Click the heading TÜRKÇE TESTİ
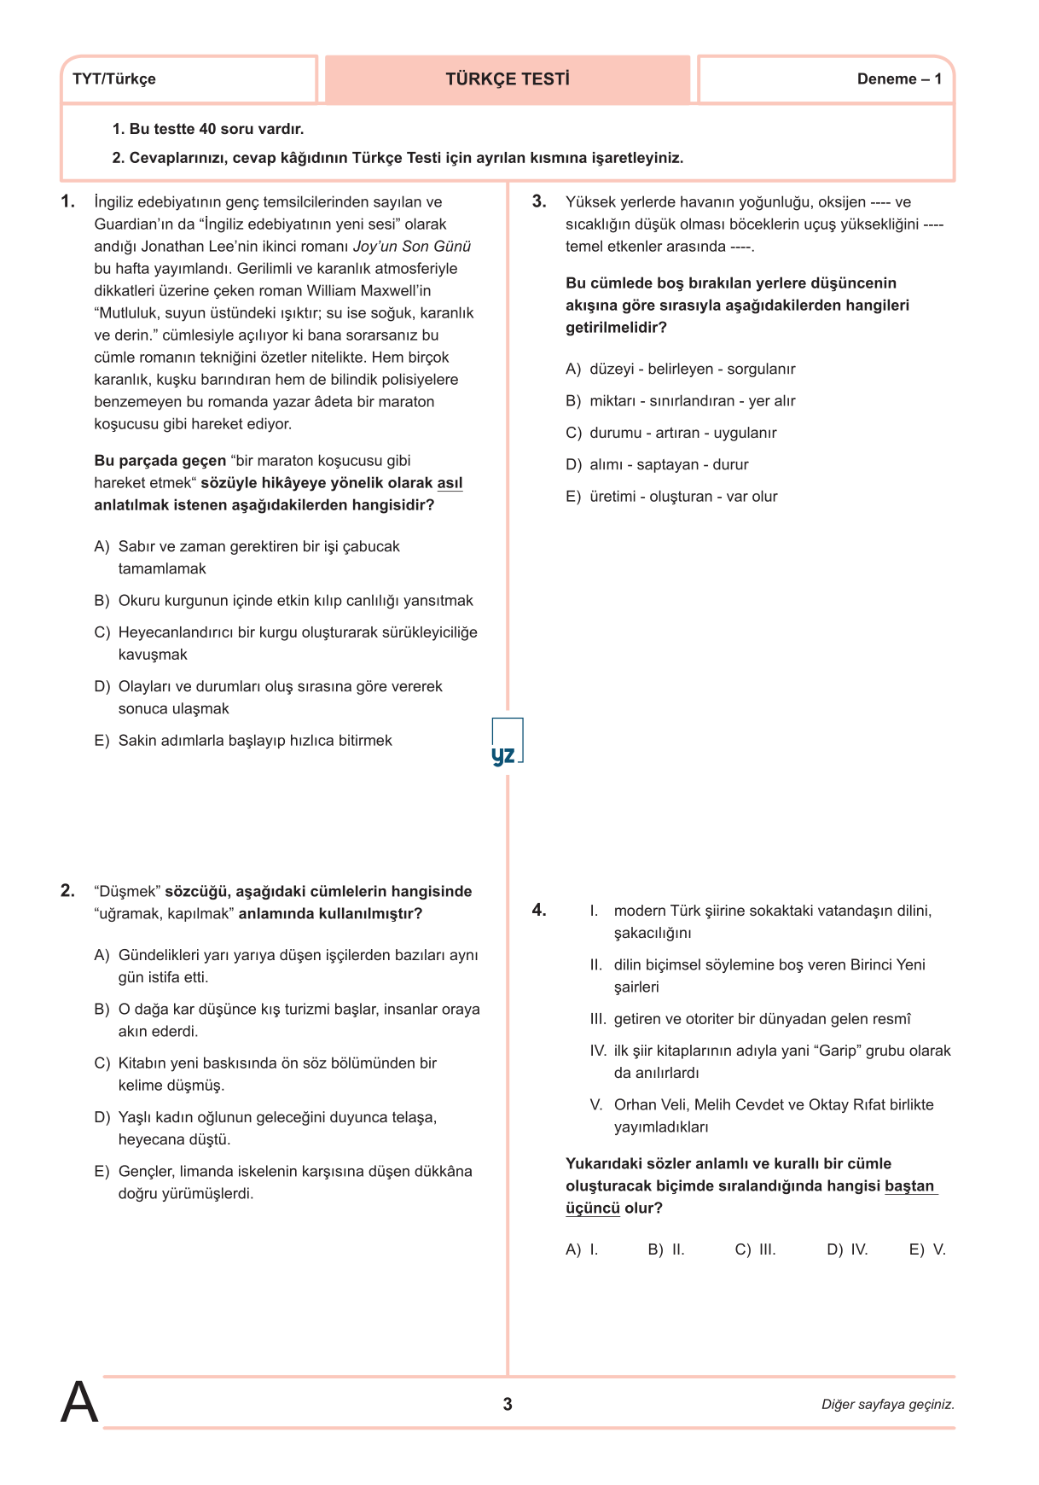pyautogui.click(x=508, y=79)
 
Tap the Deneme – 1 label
pyautogui.click(x=899, y=79)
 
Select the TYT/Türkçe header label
pyautogui.click(x=114, y=79)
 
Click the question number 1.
pyautogui.click(x=67, y=202)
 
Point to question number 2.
pyautogui.click(x=67, y=891)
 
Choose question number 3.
pyautogui.click(x=539, y=202)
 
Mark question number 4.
pyautogui.click(x=539, y=911)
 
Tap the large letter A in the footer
pyautogui.click(x=79, y=1402)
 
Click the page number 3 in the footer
pyautogui.click(x=508, y=1405)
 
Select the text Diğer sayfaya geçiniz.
pyautogui.click(x=888, y=1405)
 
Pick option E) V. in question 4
pyautogui.click(x=927, y=1249)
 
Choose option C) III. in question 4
pyautogui.click(x=755, y=1249)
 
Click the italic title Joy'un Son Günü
pyautogui.click(x=412, y=247)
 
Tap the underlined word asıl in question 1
pyautogui.click(x=450, y=483)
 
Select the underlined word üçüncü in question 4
pyautogui.click(x=592, y=1208)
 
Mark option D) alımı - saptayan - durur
pyautogui.click(x=657, y=465)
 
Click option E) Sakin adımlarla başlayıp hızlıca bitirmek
pyautogui.click(x=243, y=741)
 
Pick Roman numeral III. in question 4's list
pyautogui.click(x=598, y=1019)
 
